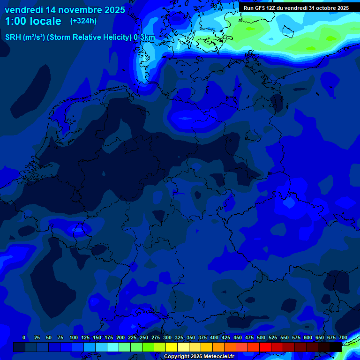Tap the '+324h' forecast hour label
83,21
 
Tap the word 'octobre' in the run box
324,8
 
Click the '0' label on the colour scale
24,337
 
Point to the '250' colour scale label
144,337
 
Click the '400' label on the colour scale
214,337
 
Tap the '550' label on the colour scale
285,337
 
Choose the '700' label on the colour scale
343,337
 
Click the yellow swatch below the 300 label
172,347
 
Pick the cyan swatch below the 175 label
113,347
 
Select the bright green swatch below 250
148,347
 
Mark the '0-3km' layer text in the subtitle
144,37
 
